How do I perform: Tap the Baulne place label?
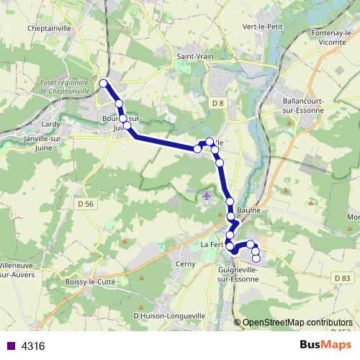point(247,210)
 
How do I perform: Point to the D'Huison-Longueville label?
point(170,315)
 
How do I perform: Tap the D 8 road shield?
point(218,104)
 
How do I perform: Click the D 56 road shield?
point(85,204)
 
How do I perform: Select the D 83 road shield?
point(342,278)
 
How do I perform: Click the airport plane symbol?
point(207,195)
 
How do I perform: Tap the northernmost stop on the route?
point(103,84)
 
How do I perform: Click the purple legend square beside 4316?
point(11,346)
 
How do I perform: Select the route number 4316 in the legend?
point(33,346)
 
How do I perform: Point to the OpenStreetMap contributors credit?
point(297,323)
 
